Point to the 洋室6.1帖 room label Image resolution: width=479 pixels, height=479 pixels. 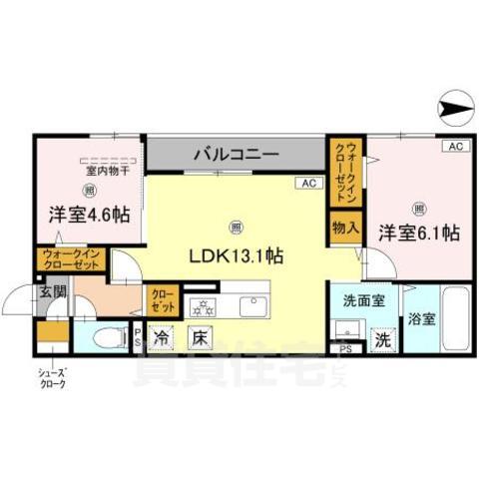418,234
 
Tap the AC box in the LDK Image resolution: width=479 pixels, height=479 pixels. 307,184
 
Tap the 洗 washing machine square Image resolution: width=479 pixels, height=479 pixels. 383,339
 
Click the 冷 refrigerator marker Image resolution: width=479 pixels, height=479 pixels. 161,338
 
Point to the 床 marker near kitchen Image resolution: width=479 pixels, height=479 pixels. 200,338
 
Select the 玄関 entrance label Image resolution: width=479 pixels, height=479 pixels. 53,292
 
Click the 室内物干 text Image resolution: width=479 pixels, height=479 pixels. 90,170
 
